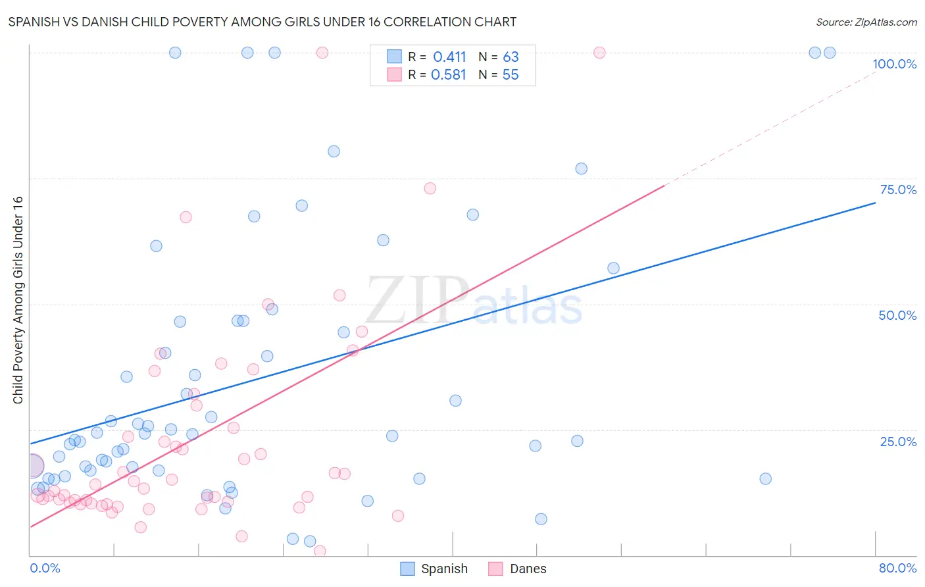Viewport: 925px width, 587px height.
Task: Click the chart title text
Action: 262,22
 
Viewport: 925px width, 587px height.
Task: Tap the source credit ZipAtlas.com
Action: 866,22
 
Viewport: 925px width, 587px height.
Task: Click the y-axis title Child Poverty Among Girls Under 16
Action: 18,300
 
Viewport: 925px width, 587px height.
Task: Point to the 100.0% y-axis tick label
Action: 894,64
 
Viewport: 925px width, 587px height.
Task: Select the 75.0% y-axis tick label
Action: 898,190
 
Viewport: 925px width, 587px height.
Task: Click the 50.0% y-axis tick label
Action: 897,315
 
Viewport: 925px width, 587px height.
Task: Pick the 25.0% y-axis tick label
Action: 898,441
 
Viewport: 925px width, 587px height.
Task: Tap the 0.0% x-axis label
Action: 45,568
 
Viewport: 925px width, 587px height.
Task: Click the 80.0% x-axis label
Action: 897,568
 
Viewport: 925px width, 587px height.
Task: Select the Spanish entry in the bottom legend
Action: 435,569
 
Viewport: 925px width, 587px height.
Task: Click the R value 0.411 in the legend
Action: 449,57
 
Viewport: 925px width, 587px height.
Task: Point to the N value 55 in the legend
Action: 511,75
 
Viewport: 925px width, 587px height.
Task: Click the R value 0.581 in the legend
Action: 449,75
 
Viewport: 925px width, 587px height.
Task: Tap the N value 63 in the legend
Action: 511,57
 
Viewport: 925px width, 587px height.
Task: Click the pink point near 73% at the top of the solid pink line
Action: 430,188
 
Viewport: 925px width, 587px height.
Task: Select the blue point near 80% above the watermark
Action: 334,151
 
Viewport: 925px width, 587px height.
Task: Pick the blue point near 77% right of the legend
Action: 581,168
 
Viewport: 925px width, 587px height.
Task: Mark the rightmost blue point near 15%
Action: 765,478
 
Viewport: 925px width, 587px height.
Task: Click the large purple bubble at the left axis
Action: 32,466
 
